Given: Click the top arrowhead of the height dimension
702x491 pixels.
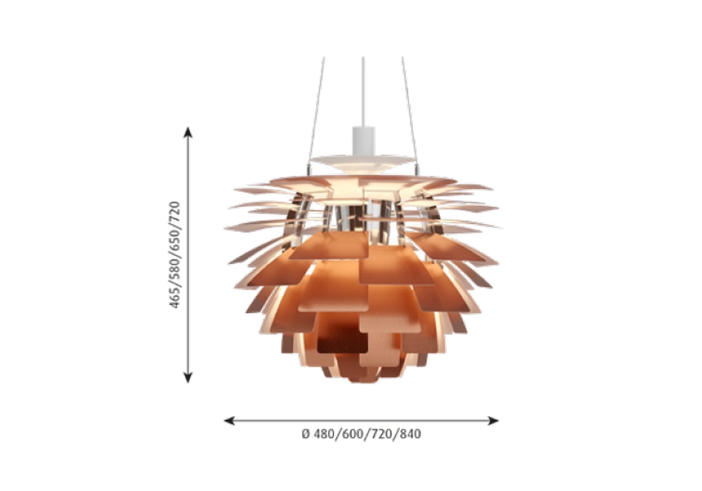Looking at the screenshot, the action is click(188, 132).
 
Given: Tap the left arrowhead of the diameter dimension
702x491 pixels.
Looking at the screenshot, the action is click(230, 420).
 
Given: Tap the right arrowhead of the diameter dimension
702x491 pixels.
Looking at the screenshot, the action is click(493, 420).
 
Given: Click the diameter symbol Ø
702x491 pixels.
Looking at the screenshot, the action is click(306, 433).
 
